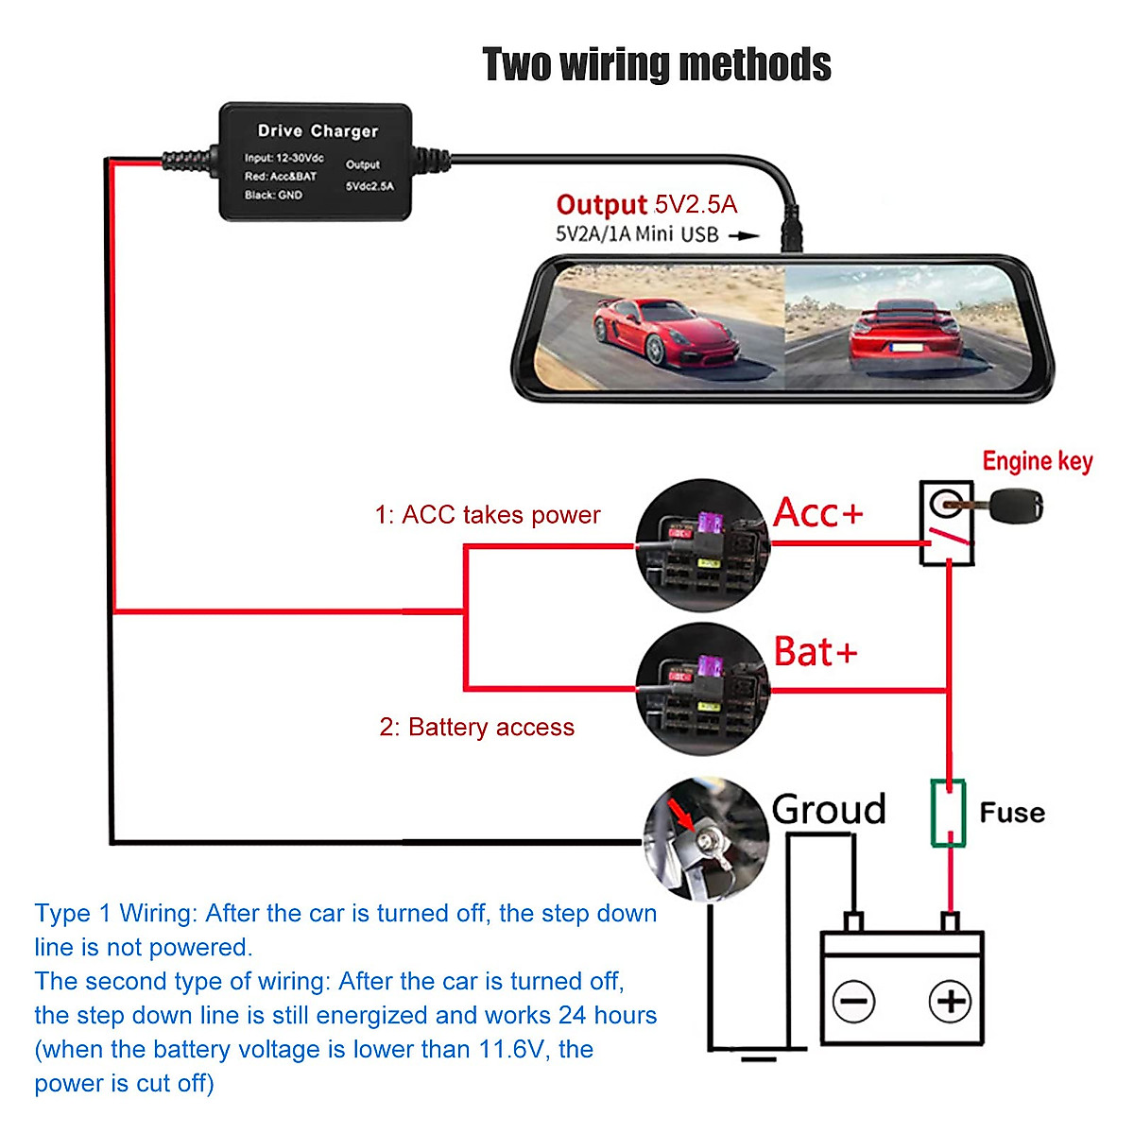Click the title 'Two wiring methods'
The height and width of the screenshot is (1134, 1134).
click(657, 65)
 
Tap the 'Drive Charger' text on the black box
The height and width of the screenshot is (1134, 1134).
click(318, 131)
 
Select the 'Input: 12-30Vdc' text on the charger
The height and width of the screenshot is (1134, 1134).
click(283, 158)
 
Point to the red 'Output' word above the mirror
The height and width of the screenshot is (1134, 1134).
click(601, 205)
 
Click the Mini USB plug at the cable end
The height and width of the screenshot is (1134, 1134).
click(792, 232)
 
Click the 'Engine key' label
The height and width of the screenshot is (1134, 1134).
click(1037, 461)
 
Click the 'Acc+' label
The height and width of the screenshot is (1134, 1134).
click(817, 513)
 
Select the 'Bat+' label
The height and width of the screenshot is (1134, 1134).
click(815, 652)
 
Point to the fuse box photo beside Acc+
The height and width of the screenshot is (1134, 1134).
click(702, 545)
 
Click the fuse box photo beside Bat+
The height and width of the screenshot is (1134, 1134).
click(702, 689)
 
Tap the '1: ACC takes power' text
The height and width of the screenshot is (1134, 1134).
click(488, 515)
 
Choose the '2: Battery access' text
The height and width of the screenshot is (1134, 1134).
click(477, 727)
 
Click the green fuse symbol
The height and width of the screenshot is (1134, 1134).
click(948, 813)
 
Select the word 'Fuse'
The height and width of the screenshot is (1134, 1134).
click(1012, 813)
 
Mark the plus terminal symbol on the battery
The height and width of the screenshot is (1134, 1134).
click(950, 1001)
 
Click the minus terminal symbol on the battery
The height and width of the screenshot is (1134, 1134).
click(854, 1001)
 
